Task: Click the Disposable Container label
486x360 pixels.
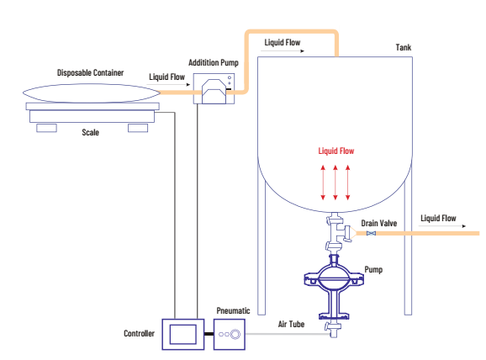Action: point(90,73)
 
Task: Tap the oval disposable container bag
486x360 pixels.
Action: point(92,93)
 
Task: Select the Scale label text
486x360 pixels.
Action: point(90,132)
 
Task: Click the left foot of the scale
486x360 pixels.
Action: point(46,128)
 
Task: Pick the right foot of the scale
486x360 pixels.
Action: point(138,128)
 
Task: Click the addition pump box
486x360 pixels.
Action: point(214,88)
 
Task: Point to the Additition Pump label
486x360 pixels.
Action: point(214,62)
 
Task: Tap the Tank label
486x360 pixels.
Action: point(404,47)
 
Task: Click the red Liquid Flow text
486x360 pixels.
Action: point(336,151)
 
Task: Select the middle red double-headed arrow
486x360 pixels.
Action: point(335,183)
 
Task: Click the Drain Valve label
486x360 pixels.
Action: point(378,223)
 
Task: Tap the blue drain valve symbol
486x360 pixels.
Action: point(371,233)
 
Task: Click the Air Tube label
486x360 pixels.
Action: point(291,324)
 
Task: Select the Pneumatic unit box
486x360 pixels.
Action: point(230,334)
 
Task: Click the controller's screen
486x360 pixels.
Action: point(182,334)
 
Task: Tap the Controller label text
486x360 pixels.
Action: point(139,334)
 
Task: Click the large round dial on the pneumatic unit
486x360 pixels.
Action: point(235,334)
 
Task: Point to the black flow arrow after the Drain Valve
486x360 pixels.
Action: point(442,226)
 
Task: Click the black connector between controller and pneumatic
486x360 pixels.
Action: point(209,334)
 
